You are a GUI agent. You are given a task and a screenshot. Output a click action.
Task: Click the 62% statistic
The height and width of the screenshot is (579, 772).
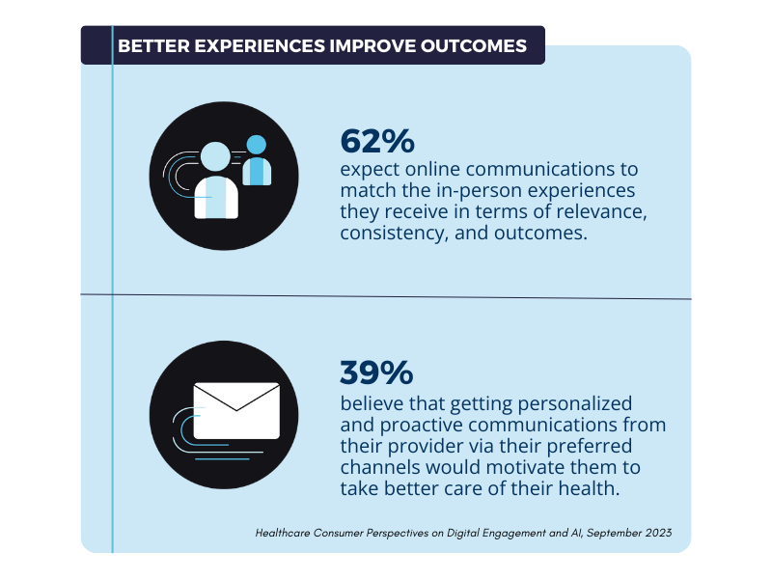(376, 142)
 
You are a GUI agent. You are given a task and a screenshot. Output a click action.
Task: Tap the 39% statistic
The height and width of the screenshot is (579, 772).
(376, 372)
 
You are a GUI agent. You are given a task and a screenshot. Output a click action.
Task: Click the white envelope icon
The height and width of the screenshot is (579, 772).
(236, 409)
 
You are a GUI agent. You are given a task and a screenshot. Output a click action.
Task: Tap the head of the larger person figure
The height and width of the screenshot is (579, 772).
(215, 157)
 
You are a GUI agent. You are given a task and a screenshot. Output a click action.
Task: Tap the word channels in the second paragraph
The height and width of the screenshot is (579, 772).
(377, 466)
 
